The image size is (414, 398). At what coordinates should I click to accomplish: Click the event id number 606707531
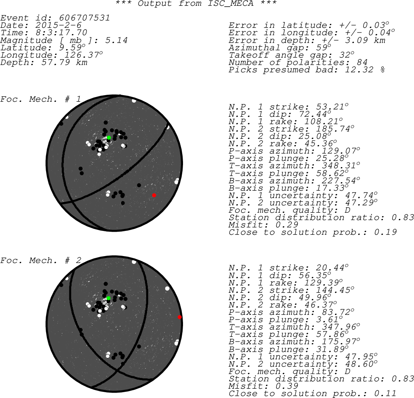coord(84,18)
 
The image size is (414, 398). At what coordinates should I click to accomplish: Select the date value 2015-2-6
coord(58,25)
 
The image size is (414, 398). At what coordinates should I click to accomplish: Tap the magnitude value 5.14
coord(116,40)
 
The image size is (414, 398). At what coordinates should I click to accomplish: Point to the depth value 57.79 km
coord(64,62)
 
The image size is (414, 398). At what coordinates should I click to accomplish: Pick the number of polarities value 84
coord(362,62)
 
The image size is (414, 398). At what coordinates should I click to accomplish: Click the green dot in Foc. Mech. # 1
coord(109,138)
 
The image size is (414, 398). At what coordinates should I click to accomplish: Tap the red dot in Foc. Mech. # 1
coord(154,195)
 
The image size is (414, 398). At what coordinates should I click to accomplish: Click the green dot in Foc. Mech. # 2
coord(108,298)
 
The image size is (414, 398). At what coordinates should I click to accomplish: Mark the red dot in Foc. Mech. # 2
coord(180,317)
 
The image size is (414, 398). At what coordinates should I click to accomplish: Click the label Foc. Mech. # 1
coord(40,99)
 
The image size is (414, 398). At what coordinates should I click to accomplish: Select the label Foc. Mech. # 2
coord(40,260)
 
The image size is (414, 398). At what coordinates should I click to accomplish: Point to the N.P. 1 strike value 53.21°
coord(332,107)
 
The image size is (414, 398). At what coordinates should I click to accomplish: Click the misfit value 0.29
coord(287,225)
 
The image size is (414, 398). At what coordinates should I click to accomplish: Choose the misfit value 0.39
coord(287,386)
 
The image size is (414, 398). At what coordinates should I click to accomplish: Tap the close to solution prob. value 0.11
coord(385,393)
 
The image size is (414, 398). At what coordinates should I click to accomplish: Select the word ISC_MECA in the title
coord(231,3)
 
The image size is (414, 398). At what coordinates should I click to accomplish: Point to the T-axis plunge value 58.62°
coord(332,173)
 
